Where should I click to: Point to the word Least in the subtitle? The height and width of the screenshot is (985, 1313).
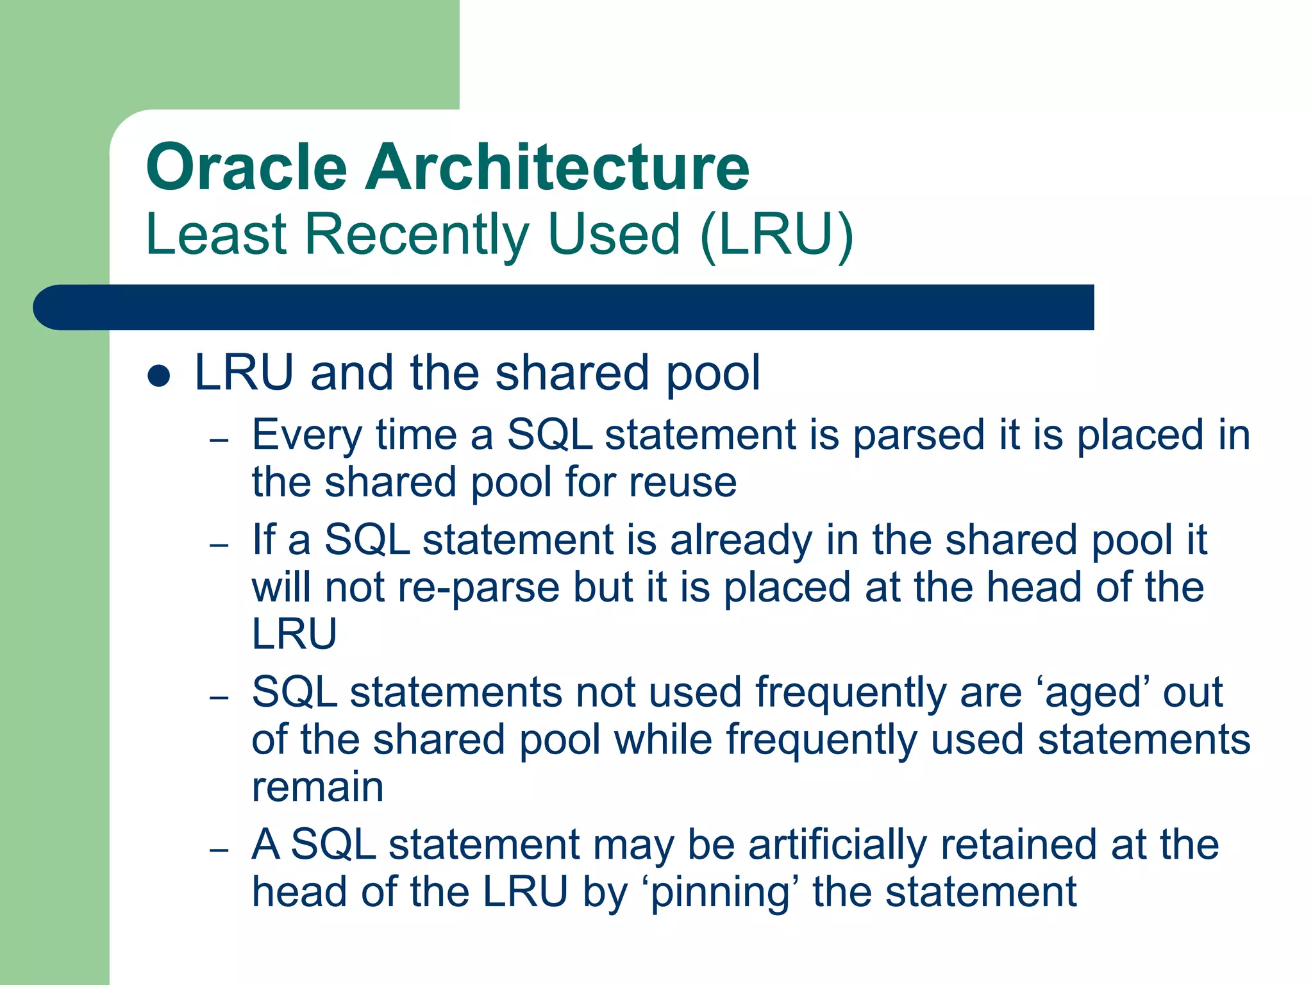(216, 234)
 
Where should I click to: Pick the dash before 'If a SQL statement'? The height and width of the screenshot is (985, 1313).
(219, 546)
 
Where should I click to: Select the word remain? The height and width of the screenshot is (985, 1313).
(317, 787)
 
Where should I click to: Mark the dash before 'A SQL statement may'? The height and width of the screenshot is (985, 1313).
(219, 850)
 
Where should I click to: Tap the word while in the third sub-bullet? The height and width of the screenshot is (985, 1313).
(663, 740)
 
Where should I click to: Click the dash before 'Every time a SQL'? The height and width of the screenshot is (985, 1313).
(219, 441)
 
